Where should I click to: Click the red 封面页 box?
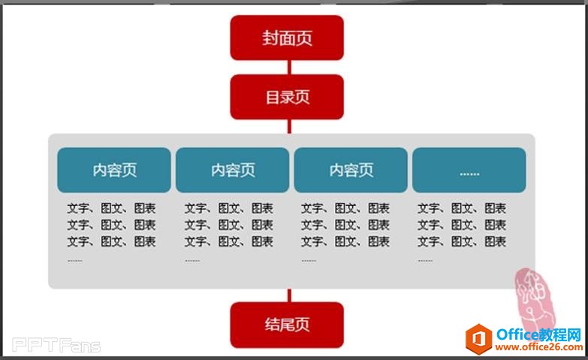point(287,38)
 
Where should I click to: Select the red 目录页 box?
point(287,97)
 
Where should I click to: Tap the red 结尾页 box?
point(287,325)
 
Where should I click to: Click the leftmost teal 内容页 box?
point(114,170)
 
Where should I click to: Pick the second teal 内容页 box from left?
point(232,170)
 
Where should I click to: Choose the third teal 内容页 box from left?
point(351,170)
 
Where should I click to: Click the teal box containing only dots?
point(469,171)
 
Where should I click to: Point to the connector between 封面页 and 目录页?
point(288,67)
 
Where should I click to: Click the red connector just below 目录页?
point(288,126)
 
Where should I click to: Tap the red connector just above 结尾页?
point(288,295)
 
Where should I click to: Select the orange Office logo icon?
point(478,340)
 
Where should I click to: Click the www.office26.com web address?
point(538,348)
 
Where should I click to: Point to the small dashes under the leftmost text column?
point(75,261)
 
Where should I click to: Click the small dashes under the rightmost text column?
point(425,261)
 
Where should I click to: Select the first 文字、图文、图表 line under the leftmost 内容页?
point(111,208)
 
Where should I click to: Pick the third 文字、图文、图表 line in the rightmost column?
point(462,241)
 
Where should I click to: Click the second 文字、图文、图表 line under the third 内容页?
point(345,225)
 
